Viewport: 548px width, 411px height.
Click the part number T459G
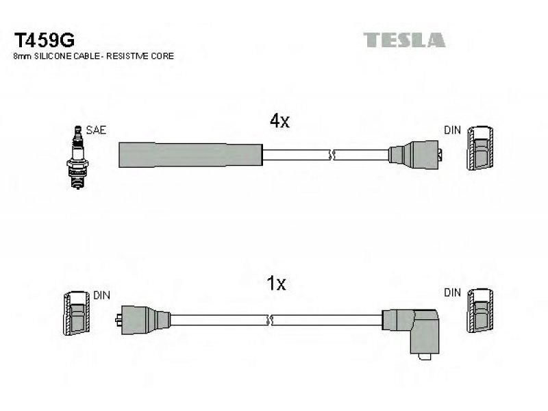point(44,40)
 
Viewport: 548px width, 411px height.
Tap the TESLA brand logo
point(404,40)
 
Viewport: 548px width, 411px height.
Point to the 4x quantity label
point(279,121)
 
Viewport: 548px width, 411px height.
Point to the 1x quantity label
point(276,284)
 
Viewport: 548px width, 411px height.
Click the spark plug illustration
point(77,158)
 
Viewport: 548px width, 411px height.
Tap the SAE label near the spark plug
point(96,130)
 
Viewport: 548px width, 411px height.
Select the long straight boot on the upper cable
point(190,155)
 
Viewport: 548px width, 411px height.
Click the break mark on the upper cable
point(332,155)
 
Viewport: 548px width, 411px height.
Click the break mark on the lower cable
point(269,320)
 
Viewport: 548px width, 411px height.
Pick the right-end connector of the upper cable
point(416,155)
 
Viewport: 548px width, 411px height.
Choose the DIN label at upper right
point(452,130)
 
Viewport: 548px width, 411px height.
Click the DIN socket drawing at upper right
point(481,148)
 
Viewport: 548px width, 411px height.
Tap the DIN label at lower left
point(101,295)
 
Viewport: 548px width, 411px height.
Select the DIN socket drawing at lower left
point(76,313)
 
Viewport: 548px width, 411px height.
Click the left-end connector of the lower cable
point(143,320)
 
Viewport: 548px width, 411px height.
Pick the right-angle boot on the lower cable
point(412,332)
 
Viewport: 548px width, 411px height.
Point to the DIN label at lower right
point(452,292)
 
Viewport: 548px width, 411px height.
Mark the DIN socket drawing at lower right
point(481,311)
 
